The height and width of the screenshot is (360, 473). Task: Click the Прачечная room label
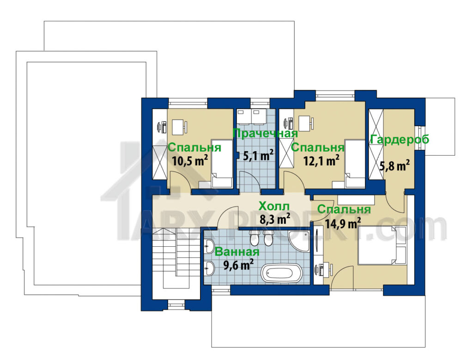pyautogui.click(x=266, y=134)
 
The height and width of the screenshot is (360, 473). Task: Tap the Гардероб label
pyautogui.click(x=400, y=140)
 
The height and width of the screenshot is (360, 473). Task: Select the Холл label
pyautogui.click(x=274, y=207)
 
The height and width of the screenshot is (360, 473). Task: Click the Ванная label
pyautogui.click(x=237, y=252)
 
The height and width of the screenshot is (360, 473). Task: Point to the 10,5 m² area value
pyautogui.click(x=190, y=160)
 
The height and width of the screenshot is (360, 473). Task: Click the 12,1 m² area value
pyautogui.click(x=321, y=160)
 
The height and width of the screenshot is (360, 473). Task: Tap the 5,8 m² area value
pyautogui.click(x=394, y=165)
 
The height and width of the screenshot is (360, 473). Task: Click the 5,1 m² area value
pyautogui.click(x=259, y=156)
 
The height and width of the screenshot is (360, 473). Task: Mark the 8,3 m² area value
pyautogui.click(x=275, y=219)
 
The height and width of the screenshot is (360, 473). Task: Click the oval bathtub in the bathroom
pyautogui.click(x=281, y=274)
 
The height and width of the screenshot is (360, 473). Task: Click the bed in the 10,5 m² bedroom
pyautogui.click(x=222, y=163)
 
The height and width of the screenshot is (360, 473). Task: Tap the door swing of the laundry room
pyautogui.click(x=249, y=182)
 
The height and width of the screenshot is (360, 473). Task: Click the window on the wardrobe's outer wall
pyautogui.click(x=418, y=138)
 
